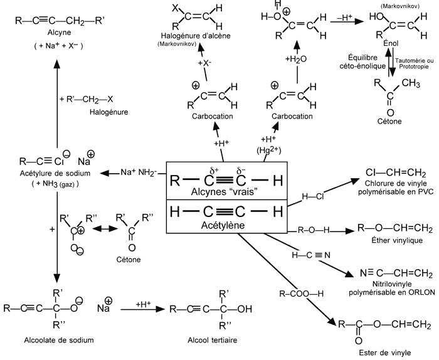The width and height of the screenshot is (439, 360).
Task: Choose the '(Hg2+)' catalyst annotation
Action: point(268,151)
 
